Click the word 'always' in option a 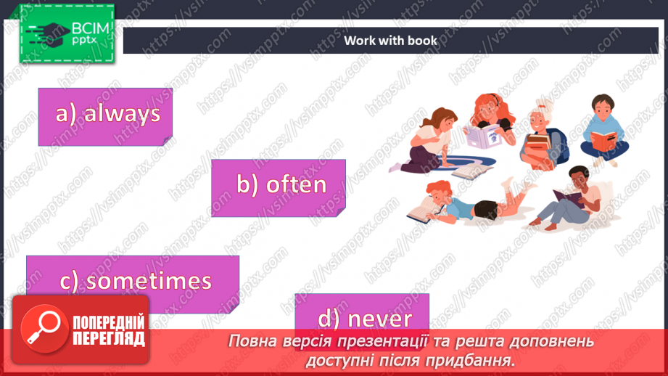(122, 114)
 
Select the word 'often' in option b (296, 185)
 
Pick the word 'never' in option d (379, 318)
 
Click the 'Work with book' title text (390, 41)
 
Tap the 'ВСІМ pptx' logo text (89, 33)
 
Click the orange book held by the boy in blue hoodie (603, 136)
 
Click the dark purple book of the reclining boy (567, 196)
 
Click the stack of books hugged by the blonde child (536, 146)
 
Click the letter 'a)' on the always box (67, 114)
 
